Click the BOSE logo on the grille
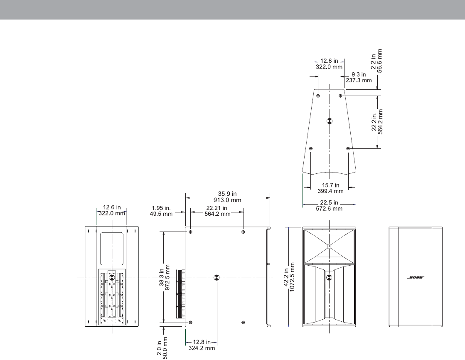coord(416,278)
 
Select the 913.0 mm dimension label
coord(227,200)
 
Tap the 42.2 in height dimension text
coord(286,277)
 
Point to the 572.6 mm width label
coord(329,209)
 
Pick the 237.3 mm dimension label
coord(359,80)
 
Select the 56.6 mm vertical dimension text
coord(379,61)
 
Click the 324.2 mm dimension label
coord(202,348)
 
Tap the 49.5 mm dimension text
coord(161,214)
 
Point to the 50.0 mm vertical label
coord(165,348)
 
